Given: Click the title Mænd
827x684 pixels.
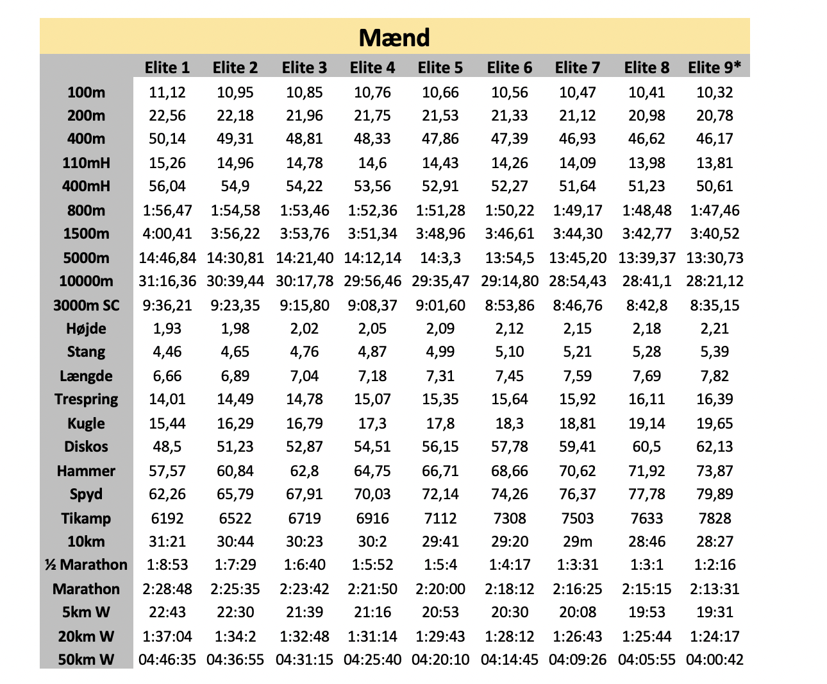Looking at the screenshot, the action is tap(394, 38).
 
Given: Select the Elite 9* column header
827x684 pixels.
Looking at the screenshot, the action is tap(715, 67).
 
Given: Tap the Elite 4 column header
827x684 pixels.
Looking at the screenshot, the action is tap(372, 68).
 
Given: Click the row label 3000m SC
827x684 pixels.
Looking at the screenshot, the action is tap(86, 305).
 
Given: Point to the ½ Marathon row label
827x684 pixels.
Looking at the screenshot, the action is tap(86, 565).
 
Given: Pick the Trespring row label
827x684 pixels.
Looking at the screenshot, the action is tap(86, 399).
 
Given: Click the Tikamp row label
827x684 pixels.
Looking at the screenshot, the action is tap(86, 518).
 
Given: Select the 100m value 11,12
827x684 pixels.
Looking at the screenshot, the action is tap(167, 92).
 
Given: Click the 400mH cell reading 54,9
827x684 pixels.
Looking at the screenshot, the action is tap(235, 186).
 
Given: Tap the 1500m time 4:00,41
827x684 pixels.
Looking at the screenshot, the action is tap(167, 234).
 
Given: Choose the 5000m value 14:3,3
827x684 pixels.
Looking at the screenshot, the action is tap(440, 258).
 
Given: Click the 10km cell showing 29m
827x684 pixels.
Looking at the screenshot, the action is tap(578, 542).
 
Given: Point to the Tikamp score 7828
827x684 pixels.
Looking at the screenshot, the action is tap(715, 518).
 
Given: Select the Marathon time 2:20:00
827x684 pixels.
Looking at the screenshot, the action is tap(440, 589).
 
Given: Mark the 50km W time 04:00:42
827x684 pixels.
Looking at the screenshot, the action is tap(715, 660).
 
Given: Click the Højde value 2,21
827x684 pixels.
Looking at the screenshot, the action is tap(715, 329).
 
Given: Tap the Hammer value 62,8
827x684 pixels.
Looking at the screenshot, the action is tap(304, 471).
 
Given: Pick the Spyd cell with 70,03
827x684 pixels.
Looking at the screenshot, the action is tap(372, 495).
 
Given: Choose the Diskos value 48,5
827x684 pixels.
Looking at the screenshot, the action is tap(167, 447).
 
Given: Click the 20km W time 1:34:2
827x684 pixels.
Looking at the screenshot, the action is tap(235, 637).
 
